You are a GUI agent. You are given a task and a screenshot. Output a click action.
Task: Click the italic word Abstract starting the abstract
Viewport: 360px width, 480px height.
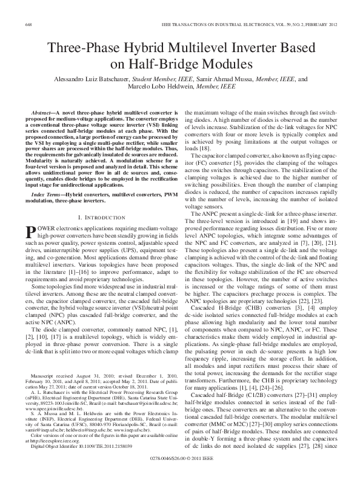pos(42,113)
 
